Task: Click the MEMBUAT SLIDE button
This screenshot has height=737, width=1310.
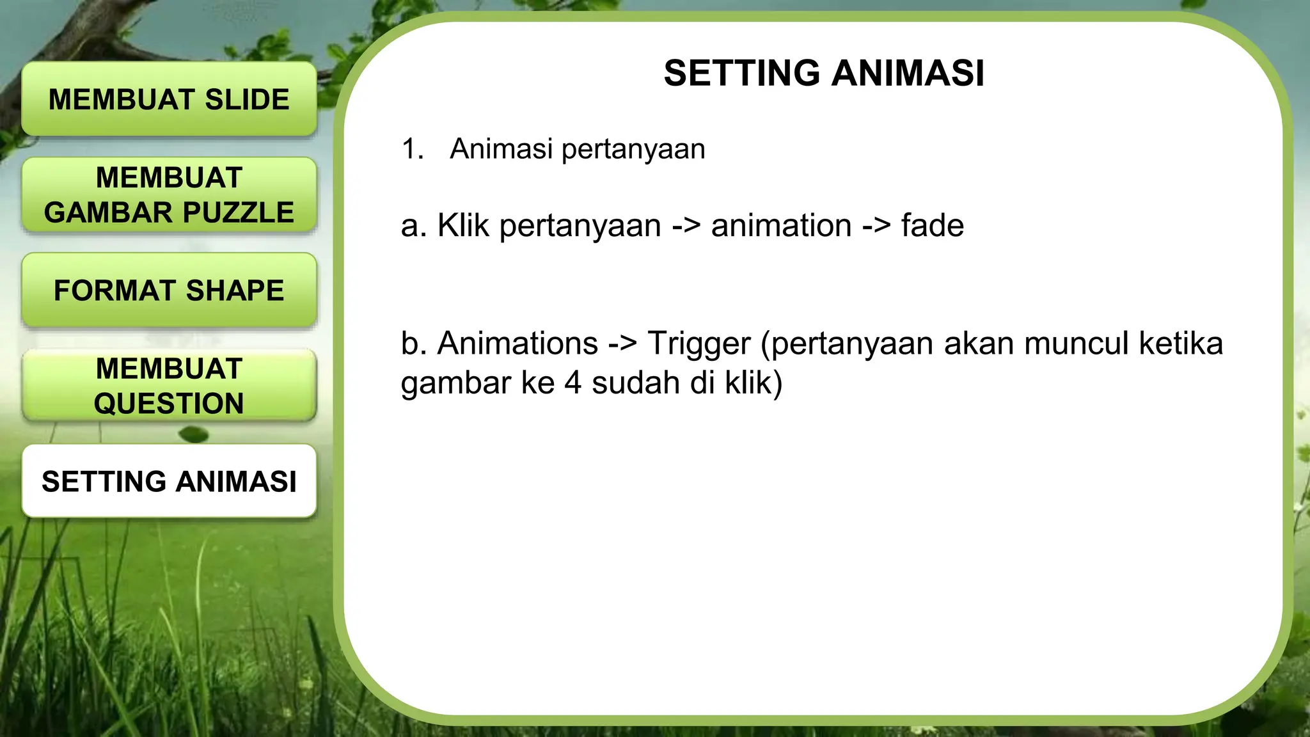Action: click(x=169, y=99)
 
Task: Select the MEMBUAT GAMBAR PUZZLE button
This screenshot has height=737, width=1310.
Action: click(x=169, y=194)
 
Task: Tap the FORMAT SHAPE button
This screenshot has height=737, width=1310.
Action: click(x=169, y=290)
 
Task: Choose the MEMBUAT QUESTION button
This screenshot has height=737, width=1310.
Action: click(x=169, y=386)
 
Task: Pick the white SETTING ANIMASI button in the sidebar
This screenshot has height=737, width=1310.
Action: click(x=169, y=481)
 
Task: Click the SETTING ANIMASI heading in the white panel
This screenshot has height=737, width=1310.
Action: click(x=824, y=73)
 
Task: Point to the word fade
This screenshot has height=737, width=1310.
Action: click(x=932, y=226)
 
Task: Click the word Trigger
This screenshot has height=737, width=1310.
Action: click(x=698, y=344)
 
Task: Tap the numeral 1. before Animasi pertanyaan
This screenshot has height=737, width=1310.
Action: click(x=413, y=149)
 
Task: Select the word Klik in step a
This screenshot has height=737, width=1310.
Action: click(x=463, y=226)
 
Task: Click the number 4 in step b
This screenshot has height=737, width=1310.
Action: click(x=572, y=383)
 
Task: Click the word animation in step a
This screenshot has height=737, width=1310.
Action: click(x=781, y=226)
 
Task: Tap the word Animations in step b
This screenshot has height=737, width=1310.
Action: click(x=518, y=344)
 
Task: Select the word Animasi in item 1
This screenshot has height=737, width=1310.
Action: click(x=501, y=149)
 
